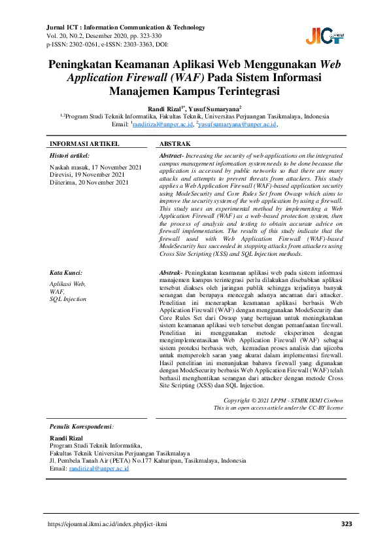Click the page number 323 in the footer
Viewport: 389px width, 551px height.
[x=347, y=525]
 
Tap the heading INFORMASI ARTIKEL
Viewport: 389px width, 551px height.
[x=84, y=143]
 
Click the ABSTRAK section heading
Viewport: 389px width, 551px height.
[x=175, y=143]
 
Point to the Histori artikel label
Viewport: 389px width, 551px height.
[x=69, y=156]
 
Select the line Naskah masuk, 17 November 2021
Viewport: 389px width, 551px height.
[x=95, y=168]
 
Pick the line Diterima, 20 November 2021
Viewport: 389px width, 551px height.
[x=87, y=183]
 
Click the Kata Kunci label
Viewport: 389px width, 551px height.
[x=65, y=272]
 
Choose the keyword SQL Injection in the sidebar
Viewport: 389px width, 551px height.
[x=68, y=298]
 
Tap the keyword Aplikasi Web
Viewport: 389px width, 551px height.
[x=67, y=284]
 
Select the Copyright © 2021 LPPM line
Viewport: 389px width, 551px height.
[x=282, y=400]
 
